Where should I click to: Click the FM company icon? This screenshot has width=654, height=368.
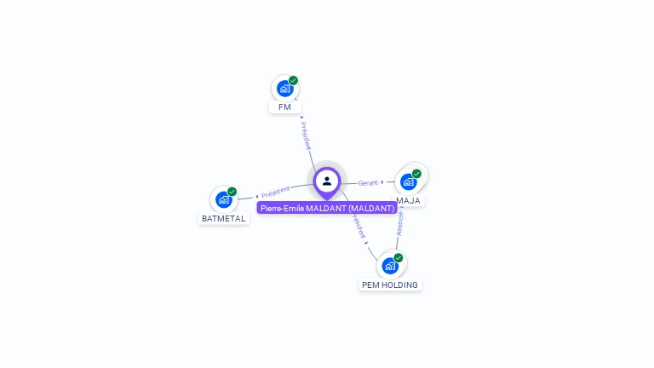click(284, 88)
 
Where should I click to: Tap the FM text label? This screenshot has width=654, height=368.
click(284, 107)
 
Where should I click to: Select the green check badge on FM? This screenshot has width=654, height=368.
click(293, 80)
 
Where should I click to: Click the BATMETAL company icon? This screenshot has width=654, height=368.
click(223, 199)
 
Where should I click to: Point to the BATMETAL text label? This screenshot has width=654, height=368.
click(223, 219)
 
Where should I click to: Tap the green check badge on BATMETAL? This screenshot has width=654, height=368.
click(232, 192)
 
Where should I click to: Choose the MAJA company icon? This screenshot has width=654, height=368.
click(409, 181)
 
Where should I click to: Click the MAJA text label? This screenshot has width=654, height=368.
click(408, 201)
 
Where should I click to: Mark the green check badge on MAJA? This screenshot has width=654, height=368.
click(416, 174)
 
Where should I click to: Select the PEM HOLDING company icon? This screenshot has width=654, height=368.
click(390, 265)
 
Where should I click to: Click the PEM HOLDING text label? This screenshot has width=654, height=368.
click(389, 285)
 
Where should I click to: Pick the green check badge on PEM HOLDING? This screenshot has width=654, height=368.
click(398, 257)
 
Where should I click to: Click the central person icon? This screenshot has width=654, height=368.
click(327, 181)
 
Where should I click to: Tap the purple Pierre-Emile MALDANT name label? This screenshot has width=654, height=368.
click(327, 208)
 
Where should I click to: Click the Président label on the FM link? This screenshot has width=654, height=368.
click(305, 135)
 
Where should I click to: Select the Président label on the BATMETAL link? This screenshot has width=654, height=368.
click(276, 192)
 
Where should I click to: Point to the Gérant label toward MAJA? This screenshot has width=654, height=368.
click(368, 182)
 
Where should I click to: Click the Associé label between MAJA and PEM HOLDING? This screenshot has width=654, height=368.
click(400, 223)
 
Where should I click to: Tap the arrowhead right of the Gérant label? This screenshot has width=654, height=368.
click(382, 181)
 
